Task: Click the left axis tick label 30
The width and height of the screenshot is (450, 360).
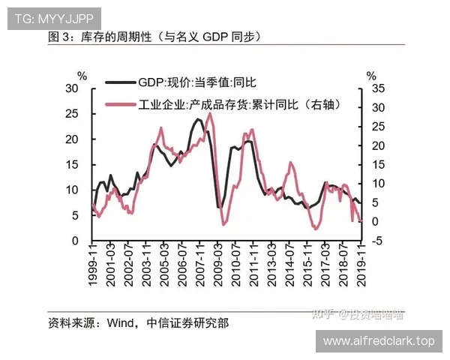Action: click(73, 88)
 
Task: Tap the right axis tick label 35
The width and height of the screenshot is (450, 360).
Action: click(377, 88)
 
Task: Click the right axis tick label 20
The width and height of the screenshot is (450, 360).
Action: click(377, 145)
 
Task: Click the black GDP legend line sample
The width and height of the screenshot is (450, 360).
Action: click(119, 83)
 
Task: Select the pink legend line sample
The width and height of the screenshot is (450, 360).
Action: click(119, 104)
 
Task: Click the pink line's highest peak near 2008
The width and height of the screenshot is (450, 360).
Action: click(208, 114)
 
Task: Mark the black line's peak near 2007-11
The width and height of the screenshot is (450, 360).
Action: click(198, 119)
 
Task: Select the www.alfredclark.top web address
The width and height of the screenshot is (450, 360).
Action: click(379, 341)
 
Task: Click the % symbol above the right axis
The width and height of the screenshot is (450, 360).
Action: click(370, 75)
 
